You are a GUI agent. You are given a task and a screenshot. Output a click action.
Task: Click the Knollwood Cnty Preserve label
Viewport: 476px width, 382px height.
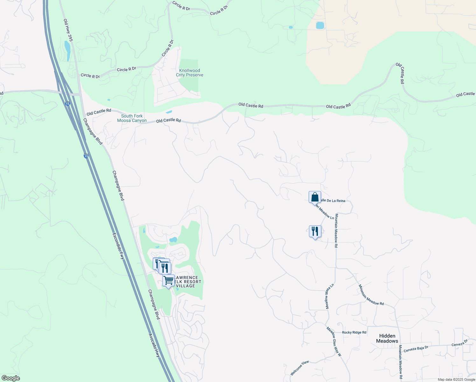[x=190, y=73]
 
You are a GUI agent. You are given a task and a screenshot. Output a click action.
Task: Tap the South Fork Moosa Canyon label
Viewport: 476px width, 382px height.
[x=132, y=118]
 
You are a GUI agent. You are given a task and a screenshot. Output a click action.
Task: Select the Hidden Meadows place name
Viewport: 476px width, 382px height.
[x=387, y=338]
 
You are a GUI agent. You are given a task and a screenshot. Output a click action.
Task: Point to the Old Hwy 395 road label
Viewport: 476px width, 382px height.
[x=68, y=30]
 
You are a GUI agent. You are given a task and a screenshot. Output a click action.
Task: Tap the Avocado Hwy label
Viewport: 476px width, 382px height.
[x=154, y=345]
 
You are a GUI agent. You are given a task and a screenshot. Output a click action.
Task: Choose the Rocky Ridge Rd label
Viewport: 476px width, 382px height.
[x=354, y=332]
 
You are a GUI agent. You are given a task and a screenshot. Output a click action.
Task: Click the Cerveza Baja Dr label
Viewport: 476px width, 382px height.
[x=416, y=349]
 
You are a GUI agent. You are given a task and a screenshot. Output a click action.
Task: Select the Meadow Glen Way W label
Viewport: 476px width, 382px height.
[x=334, y=341]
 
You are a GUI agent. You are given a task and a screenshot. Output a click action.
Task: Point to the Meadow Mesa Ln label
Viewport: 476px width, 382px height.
[x=329, y=296]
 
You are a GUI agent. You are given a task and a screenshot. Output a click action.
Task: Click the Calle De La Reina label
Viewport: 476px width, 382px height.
[x=333, y=201]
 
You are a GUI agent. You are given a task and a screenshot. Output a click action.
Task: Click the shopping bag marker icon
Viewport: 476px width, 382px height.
[x=315, y=197]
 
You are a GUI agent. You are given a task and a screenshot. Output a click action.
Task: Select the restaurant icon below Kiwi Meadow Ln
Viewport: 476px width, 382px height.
[x=315, y=231]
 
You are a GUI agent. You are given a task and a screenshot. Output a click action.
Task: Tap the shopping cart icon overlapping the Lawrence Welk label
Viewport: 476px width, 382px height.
[x=168, y=280]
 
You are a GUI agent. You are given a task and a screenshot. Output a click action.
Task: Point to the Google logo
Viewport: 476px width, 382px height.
[x=10, y=378]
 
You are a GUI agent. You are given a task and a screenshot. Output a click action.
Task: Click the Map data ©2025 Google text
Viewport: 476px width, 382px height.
[x=456, y=379]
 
